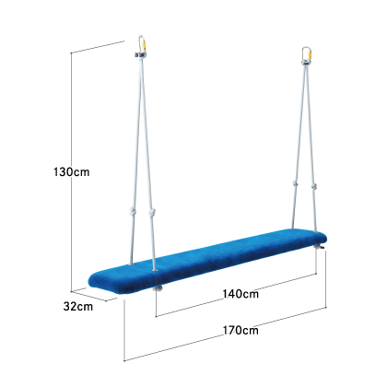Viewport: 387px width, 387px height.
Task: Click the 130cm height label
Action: (72, 172)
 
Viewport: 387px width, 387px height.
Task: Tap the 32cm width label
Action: (78, 306)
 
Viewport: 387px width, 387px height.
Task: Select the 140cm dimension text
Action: (240, 294)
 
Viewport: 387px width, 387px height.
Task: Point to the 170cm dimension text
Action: (240, 331)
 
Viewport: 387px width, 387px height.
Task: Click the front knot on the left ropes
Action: (152, 212)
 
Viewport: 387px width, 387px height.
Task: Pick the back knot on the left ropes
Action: (133, 211)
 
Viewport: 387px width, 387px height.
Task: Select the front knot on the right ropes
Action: (313, 186)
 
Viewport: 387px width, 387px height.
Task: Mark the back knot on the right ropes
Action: (295, 184)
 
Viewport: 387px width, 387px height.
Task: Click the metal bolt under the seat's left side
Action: (158, 288)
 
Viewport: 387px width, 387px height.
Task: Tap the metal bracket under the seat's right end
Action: (320, 247)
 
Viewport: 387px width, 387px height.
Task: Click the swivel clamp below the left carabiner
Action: (140, 55)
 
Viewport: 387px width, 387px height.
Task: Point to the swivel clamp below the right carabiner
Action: (306, 63)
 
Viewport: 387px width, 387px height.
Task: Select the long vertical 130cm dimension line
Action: (72, 171)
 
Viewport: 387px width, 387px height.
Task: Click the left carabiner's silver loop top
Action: (141, 37)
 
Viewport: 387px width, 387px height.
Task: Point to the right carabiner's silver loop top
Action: (306, 48)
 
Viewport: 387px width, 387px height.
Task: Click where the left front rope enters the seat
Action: (155, 270)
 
